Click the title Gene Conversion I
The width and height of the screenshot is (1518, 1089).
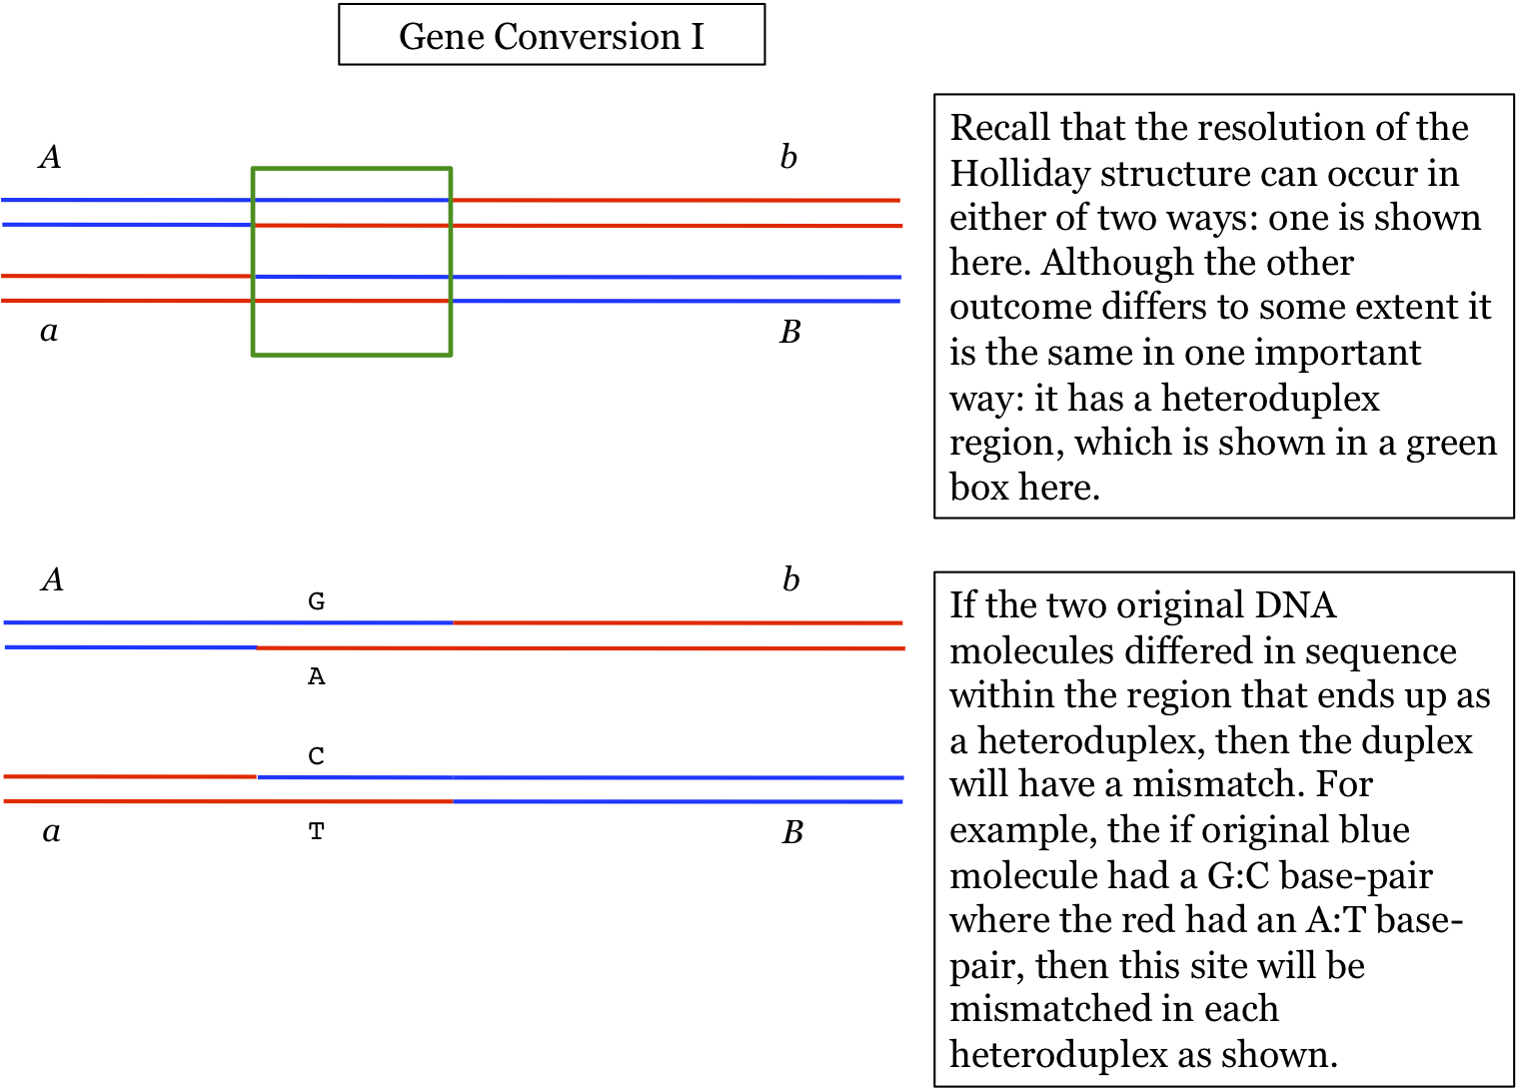point(551,36)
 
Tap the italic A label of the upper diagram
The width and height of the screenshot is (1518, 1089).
point(50,157)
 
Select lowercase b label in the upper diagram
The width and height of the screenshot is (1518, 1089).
point(788,157)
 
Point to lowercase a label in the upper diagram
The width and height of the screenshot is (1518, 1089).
point(49,331)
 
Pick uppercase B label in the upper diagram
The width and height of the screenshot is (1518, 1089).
point(789,332)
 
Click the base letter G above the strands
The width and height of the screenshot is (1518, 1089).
point(316,601)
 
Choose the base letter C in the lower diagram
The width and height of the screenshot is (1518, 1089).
point(316,756)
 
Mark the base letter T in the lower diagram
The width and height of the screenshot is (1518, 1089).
point(316,831)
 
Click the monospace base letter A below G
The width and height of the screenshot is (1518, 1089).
point(316,677)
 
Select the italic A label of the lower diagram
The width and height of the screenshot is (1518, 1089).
point(53,579)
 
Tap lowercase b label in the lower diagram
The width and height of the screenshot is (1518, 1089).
point(790,579)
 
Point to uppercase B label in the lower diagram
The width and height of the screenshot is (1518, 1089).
point(792,832)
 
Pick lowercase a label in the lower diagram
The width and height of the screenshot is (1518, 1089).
point(51,831)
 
